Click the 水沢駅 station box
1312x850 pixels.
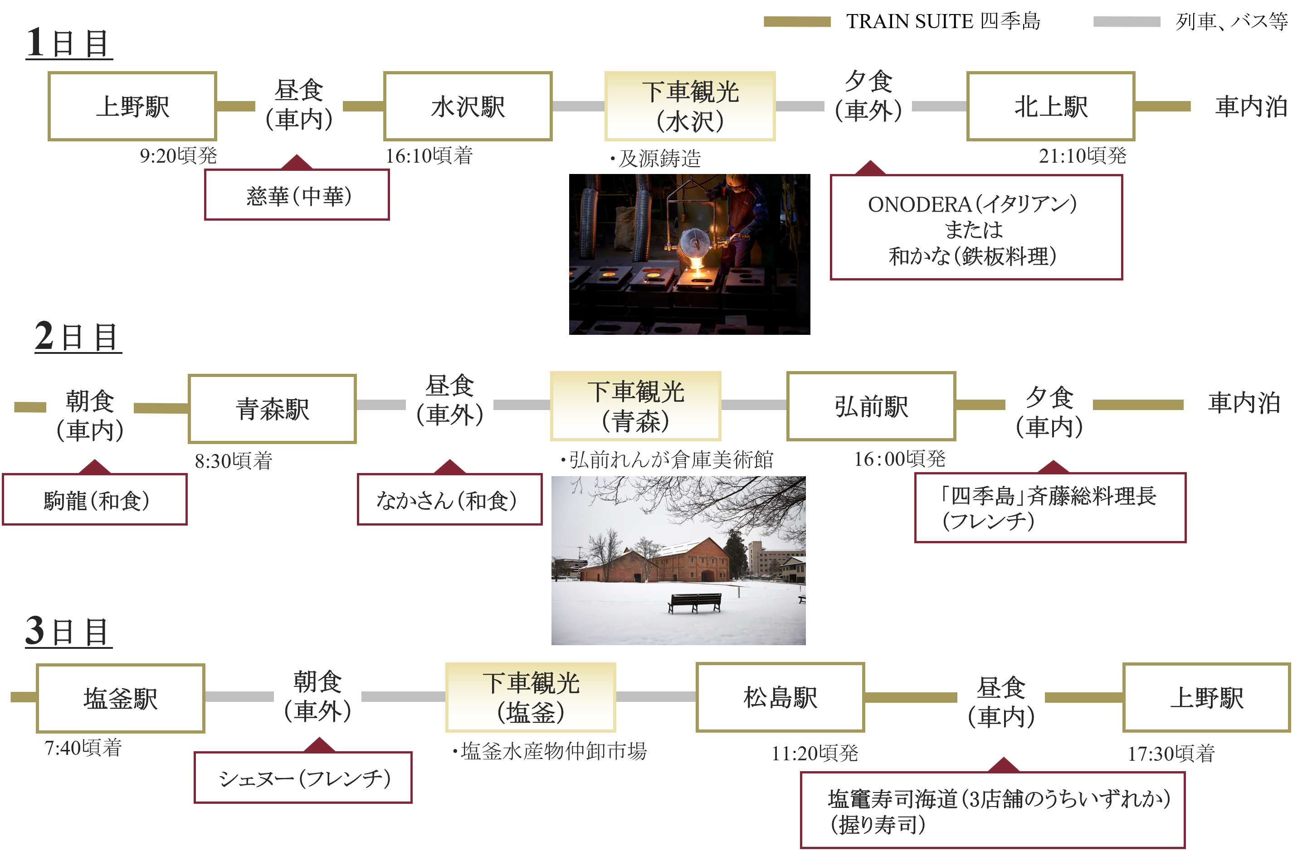point(468,106)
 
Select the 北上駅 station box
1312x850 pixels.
point(1050,106)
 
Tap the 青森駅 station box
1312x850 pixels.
point(272,409)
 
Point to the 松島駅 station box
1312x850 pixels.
point(780,697)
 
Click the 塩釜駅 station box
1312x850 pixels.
point(120,699)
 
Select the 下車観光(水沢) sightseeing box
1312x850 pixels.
point(690,106)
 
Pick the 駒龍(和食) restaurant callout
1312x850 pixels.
point(95,500)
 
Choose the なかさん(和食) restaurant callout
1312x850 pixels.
point(449,500)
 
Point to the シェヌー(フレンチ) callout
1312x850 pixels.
point(303,778)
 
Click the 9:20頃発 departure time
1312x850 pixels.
point(178,156)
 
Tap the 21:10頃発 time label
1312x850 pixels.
point(1082,156)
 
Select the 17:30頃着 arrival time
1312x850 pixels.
point(1171,753)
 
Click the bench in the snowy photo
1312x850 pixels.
point(695,602)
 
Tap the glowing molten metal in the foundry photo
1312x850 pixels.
point(696,268)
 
